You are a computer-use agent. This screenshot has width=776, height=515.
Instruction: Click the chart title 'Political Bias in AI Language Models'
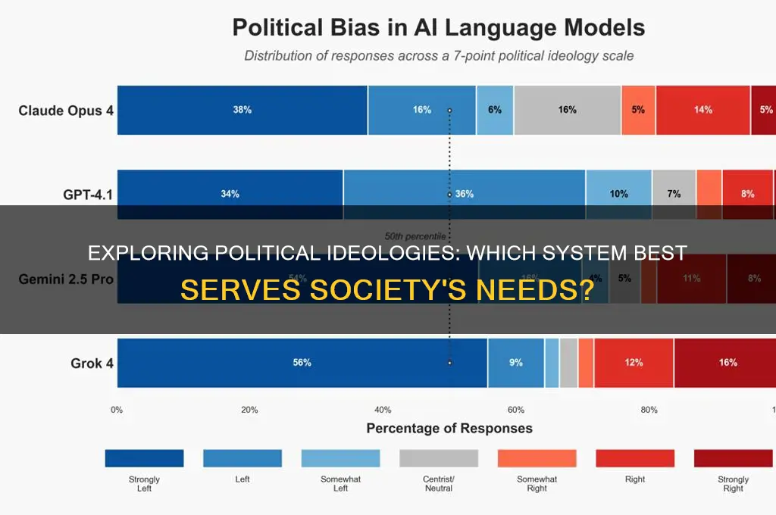tap(438, 28)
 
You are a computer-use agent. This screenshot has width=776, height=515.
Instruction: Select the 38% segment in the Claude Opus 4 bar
tap(242, 110)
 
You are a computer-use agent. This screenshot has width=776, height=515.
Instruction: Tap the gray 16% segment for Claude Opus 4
tap(567, 110)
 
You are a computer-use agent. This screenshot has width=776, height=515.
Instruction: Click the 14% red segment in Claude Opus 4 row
tap(702, 110)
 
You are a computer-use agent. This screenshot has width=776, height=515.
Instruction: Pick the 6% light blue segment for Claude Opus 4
tap(495, 110)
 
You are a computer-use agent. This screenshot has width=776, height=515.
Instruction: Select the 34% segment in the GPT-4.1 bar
tap(230, 194)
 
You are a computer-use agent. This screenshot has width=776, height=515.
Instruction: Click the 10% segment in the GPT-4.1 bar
tap(618, 194)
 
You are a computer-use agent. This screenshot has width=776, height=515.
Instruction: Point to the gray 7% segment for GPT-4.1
tap(674, 194)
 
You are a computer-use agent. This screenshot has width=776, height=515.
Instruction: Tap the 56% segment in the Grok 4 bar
tap(302, 363)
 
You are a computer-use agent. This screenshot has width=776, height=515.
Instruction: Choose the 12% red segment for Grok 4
tap(634, 363)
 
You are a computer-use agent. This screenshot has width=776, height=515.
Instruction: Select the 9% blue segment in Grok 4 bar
tap(515, 363)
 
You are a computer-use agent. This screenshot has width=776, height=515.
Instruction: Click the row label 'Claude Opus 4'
tap(66, 111)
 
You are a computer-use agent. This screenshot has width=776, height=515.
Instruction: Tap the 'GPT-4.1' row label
tap(88, 195)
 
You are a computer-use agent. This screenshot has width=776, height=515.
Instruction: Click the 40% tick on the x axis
tap(383, 410)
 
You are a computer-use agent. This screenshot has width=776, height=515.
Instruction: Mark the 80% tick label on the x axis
tap(649, 410)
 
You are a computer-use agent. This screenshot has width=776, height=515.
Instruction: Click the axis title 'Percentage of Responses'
tap(449, 429)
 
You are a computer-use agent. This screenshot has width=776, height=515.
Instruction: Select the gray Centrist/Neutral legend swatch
tap(439, 458)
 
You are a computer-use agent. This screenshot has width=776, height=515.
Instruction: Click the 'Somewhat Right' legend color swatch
tap(537, 458)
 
